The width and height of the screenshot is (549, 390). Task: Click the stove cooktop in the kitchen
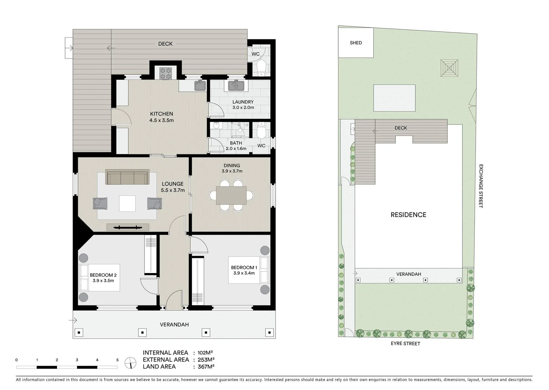click(165, 73)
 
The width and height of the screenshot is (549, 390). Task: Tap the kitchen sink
click(200, 86)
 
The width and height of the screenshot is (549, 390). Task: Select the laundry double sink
click(236, 86)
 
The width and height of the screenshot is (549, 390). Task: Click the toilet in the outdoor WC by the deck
click(260, 68)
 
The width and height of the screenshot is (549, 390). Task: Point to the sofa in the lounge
click(127, 177)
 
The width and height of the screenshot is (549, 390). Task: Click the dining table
click(231, 195)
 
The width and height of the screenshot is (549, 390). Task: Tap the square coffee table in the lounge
click(127, 203)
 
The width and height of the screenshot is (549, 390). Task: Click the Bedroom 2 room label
click(103, 275)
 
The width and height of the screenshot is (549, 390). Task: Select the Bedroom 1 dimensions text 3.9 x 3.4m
click(244, 273)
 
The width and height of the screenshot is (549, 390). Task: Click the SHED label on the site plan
click(356, 43)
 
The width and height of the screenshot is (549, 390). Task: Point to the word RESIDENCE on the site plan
click(408, 215)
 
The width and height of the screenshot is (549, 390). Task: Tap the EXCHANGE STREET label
click(481, 186)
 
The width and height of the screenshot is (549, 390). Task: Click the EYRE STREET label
click(405, 343)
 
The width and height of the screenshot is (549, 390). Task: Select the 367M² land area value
click(206, 367)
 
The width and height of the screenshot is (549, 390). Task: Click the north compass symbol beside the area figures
click(130, 363)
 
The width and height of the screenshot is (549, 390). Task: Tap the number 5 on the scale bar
click(117, 360)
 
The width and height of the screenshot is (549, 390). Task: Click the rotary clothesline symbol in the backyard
click(449, 68)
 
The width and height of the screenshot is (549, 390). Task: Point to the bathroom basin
click(216, 126)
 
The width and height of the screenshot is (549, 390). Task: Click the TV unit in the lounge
click(127, 227)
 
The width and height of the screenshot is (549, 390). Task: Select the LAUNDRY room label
click(243, 102)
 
